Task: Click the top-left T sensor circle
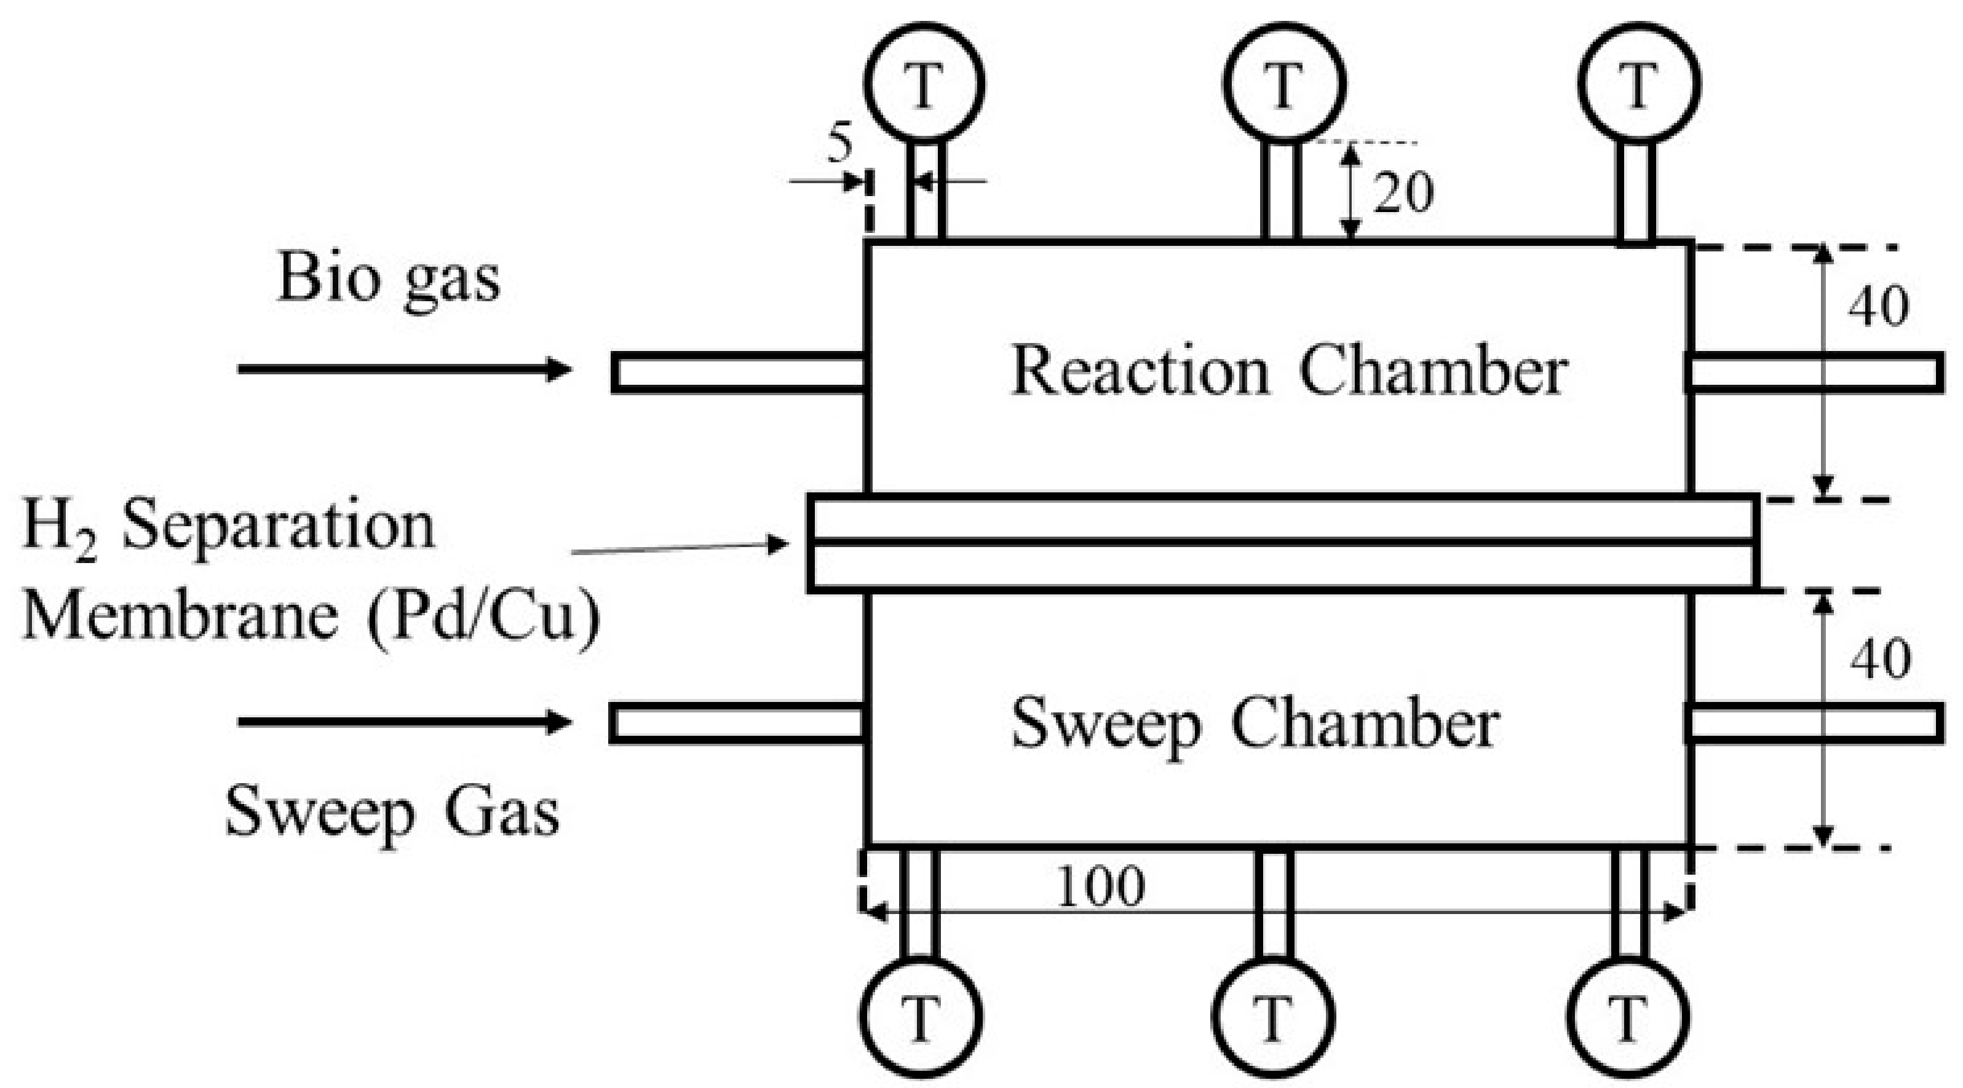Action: coord(924,83)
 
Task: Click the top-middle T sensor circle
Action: coord(1284,83)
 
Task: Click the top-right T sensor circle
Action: coord(1639,83)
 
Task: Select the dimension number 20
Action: coord(1403,192)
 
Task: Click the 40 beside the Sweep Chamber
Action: coord(1881,658)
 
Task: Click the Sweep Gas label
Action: coord(392,812)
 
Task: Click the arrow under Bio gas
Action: coord(404,369)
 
